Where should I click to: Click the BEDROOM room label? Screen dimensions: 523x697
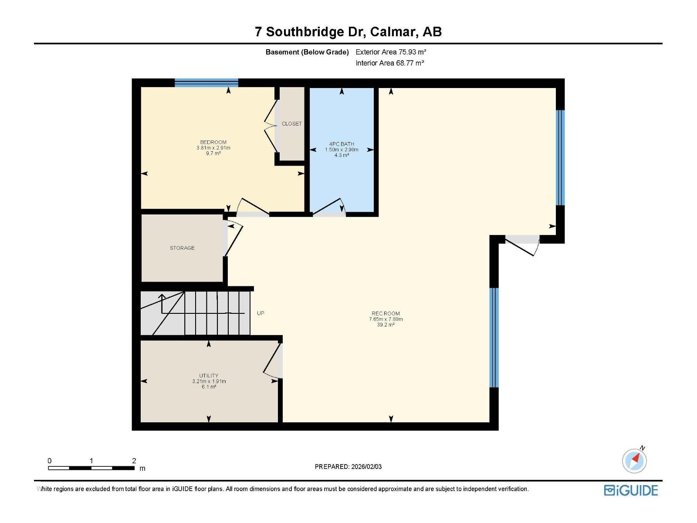213,142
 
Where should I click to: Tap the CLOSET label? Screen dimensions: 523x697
291,124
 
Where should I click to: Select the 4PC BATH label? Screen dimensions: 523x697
342,144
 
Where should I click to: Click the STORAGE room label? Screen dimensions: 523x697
182,248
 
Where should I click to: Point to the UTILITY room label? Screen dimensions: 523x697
209,376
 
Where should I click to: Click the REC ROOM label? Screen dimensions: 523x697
386,313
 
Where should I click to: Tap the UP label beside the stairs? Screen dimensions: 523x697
261,313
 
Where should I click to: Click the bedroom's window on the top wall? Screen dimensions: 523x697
206,83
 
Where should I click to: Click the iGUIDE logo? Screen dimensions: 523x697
631,490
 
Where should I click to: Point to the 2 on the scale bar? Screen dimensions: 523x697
134,461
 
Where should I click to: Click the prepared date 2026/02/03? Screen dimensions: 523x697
366,467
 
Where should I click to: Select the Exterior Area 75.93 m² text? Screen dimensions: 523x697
391,52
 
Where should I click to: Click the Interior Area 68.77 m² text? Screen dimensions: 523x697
389,63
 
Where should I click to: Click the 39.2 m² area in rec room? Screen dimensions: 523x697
386,325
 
